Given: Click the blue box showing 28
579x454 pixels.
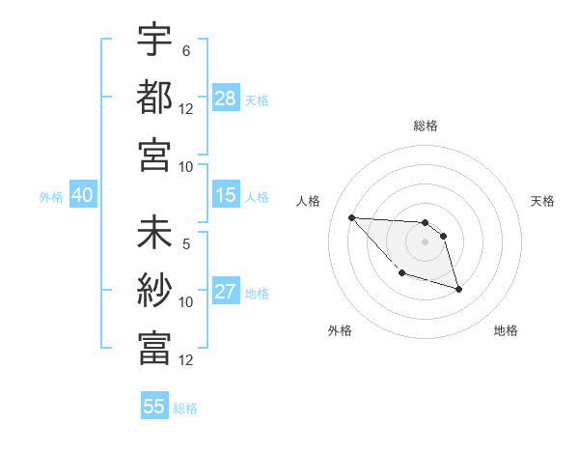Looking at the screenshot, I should [226, 98].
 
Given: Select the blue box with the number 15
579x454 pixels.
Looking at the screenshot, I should [226, 195].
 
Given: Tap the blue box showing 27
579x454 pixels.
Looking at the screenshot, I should [226, 292].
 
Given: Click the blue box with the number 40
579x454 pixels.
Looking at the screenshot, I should [82, 195].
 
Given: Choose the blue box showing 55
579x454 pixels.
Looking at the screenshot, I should [154, 407].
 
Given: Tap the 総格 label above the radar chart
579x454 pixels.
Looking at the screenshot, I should [426, 126].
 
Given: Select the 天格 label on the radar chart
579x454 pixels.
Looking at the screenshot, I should [543, 201].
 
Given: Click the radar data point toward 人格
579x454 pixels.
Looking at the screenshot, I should [351, 217].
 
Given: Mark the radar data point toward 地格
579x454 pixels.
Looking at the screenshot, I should [458, 289].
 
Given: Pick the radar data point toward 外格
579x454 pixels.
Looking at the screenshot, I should [401, 273].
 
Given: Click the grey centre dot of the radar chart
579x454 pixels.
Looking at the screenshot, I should [426, 241].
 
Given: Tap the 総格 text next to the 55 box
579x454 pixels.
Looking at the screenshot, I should [186, 408].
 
